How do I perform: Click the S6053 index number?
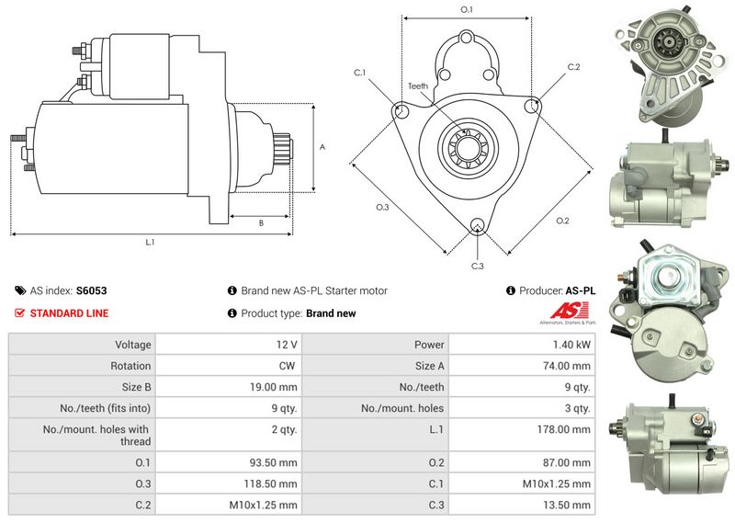92,290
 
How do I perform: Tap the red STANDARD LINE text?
69,313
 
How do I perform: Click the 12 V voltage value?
287,345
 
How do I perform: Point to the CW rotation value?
286,366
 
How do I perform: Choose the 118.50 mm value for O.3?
274,483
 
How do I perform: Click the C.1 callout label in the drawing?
359,73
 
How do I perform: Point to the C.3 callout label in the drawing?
477,267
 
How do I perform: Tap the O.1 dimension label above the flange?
466,9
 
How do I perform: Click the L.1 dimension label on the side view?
150,243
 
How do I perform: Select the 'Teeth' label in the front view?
418,86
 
